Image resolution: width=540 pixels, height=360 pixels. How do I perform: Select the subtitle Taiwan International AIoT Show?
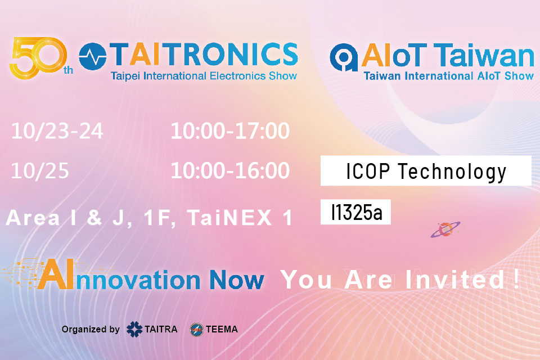[448, 76]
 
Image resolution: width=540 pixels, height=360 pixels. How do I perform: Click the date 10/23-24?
[57, 132]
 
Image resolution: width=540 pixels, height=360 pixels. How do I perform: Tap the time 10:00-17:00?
[230, 132]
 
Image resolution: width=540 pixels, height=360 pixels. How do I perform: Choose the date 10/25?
[40, 171]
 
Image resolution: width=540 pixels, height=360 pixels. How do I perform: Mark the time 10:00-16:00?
[230, 171]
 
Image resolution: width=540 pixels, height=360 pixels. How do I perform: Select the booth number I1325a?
[355, 213]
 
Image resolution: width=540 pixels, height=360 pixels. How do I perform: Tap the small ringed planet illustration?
[445, 229]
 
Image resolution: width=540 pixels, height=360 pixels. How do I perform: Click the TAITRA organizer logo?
[152, 329]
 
